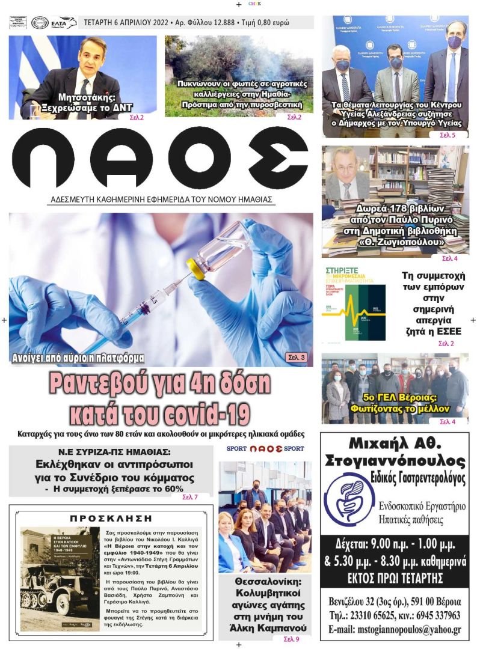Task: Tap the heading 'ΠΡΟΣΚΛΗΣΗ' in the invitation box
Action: point(111,517)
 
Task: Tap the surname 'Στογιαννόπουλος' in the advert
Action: point(394,462)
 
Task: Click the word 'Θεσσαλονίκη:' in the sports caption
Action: point(265,582)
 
